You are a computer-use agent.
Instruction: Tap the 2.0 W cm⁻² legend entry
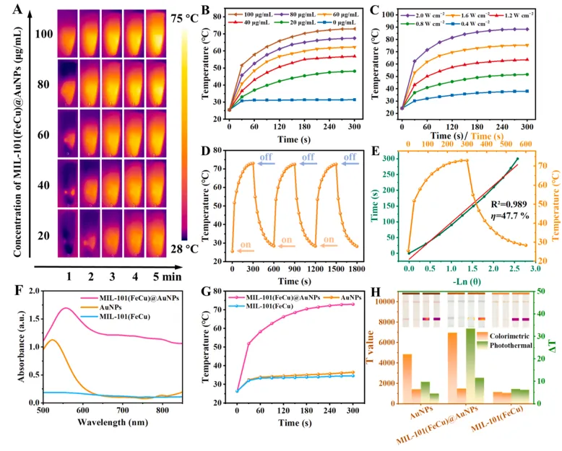432,14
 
